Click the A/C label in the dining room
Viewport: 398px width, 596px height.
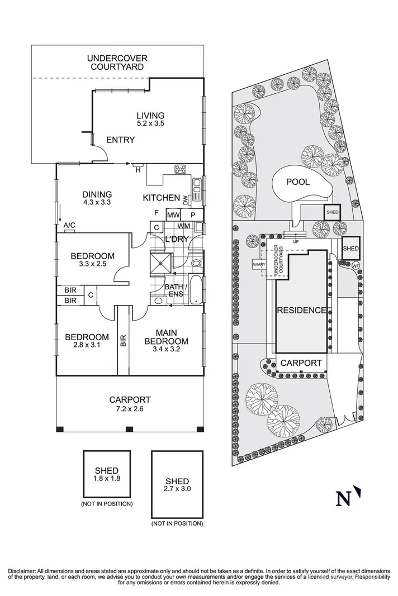click(69, 225)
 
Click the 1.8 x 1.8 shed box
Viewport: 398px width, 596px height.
click(106, 474)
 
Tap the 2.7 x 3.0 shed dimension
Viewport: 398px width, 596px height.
click(177, 490)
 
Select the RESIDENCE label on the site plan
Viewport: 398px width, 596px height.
click(301, 311)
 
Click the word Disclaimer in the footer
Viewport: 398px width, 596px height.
click(22, 571)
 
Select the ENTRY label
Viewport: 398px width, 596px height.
click(120, 140)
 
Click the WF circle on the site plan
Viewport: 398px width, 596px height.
click(355, 266)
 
